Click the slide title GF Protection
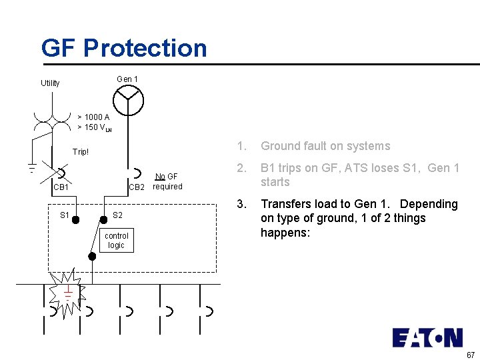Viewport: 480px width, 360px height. (124, 48)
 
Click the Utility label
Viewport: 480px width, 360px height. (50, 83)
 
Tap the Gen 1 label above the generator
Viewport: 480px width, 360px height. (127, 79)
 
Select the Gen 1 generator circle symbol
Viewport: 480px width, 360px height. (128, 101)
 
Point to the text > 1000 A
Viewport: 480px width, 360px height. (93, 117)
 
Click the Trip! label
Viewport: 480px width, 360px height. (81, 152)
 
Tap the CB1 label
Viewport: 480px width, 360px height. (61, 187)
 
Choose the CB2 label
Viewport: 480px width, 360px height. (137, 187)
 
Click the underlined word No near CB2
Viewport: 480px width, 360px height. (160, 177)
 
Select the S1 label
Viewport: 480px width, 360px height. (65, 215)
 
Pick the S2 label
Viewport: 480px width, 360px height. (117, 215)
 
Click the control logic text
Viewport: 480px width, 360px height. (117, 241)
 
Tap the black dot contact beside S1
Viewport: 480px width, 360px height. (77, 219)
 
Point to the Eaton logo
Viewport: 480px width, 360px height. (427, 337)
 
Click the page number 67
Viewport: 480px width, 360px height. (470, 354)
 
